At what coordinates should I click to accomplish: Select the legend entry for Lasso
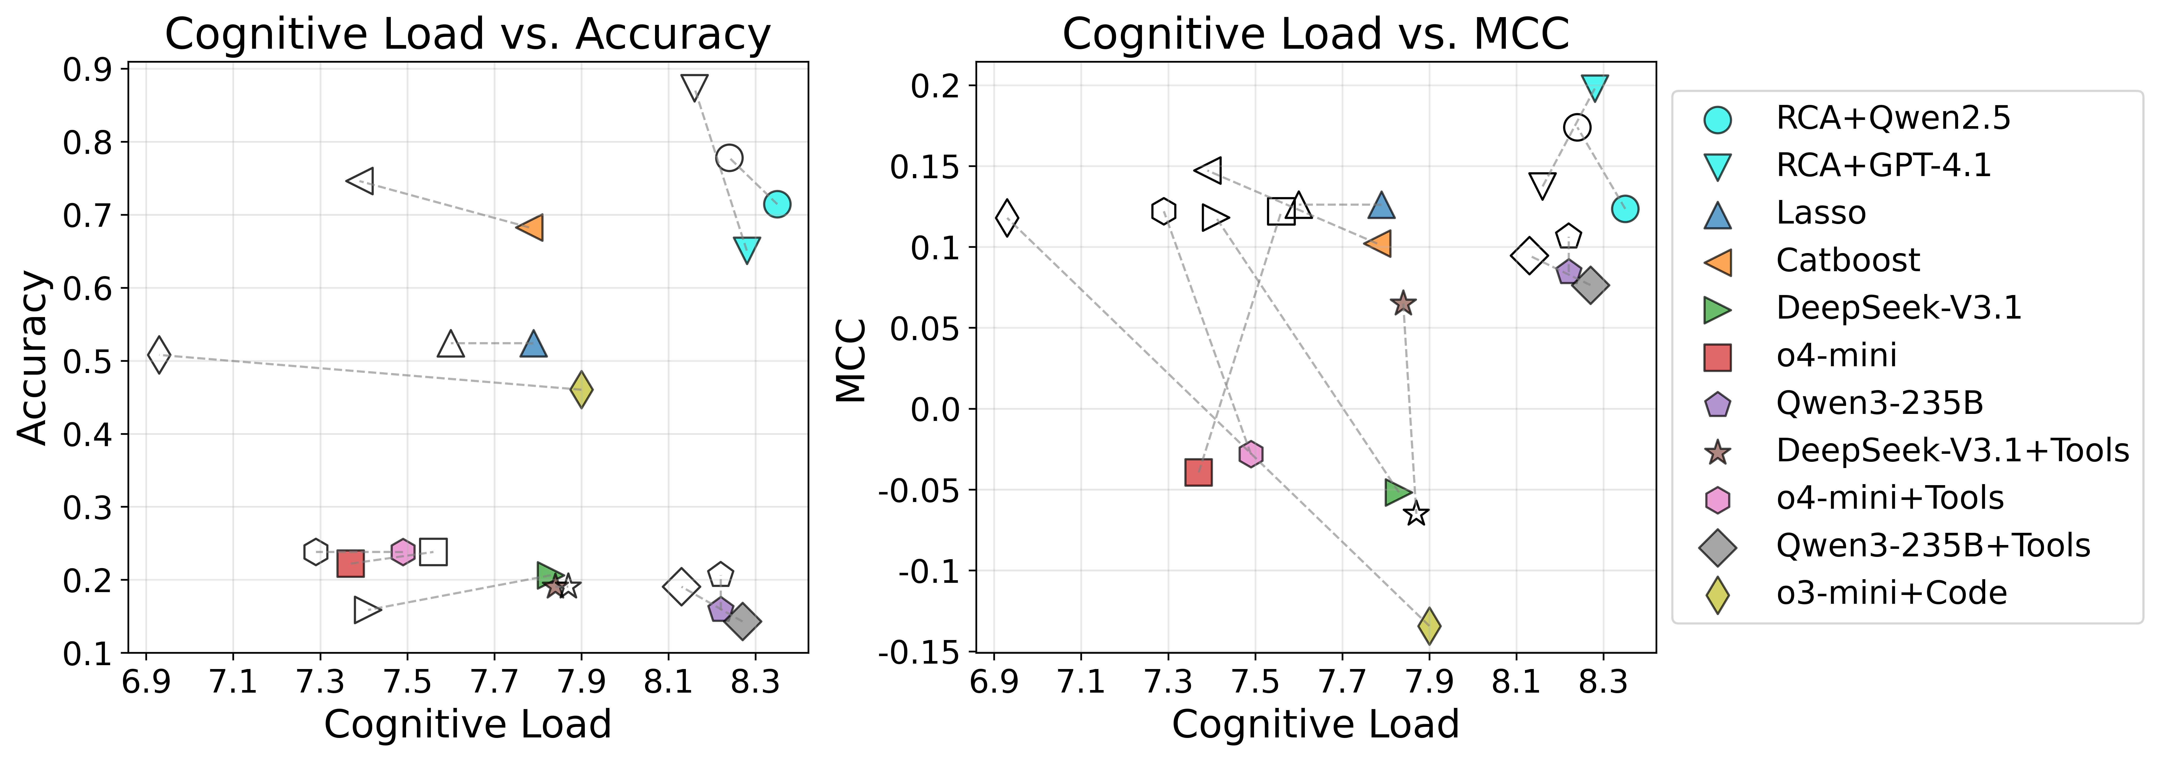[x=1820, y=213]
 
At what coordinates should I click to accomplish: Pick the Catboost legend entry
[x=1847, y=261]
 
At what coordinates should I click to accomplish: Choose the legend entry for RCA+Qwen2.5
[x=1892, y=118]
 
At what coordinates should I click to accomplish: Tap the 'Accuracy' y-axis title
[x=33, y=358]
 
